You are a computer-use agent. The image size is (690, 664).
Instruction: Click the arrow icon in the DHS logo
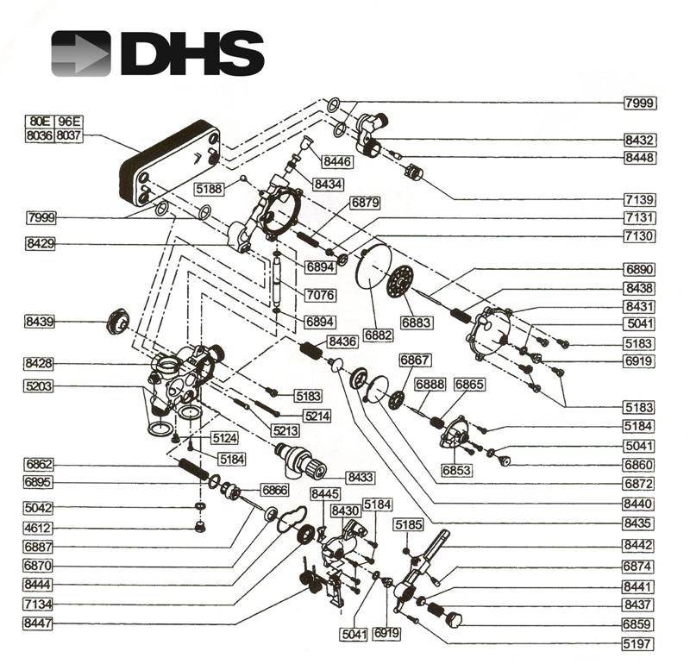coord(80,53)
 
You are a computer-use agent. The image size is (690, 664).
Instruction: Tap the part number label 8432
coord(640,140)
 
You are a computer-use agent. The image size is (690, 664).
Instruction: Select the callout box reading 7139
coord(640,199)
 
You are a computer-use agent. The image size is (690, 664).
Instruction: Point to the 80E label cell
coord(39,122)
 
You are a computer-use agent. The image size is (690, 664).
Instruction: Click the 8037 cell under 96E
coord(68,135)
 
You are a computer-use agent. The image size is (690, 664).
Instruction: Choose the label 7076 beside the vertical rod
coord(321,295)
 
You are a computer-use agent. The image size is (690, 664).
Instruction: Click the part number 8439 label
coord(39,323)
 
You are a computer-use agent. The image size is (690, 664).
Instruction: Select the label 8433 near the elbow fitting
coord(360,476)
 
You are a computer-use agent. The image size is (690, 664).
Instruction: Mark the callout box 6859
coord(640,623)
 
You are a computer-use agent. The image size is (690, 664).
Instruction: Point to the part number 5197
coord(640,643)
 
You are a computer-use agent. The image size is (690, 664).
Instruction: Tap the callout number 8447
coord(39,623)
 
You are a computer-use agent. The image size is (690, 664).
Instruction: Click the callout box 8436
coord(342,342)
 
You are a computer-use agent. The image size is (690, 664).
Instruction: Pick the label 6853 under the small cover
coord(457,470)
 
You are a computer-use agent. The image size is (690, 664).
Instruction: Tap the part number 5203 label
coord(39,386)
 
